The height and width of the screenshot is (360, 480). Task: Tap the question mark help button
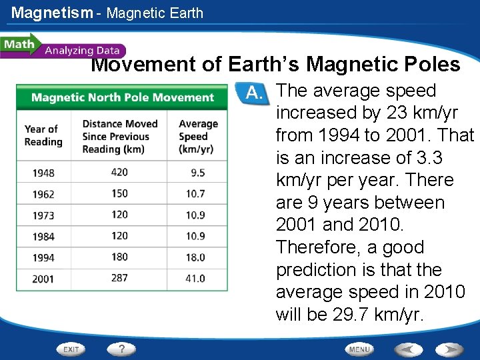click(x=122, y=349)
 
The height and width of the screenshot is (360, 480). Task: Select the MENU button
click(x=359, y=349)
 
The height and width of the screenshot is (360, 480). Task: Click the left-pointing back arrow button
click(x=408, y=349)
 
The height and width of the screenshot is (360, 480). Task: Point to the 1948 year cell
click(x=43, y=173)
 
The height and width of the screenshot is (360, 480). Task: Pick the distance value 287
click(x=119, y=278)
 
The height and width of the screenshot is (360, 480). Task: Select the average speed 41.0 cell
click(x=195, y=278)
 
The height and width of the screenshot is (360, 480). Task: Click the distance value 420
click(x=119, y=172)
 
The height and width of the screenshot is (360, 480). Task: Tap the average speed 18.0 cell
click(x=195, y=257)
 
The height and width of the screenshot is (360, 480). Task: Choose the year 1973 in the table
click(x=43, y=215)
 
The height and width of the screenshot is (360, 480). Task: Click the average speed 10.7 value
click(x=195, y=193)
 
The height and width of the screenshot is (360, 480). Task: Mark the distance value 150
click(x=119, y=193)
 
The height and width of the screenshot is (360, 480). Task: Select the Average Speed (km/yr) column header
click(x=198, y=136)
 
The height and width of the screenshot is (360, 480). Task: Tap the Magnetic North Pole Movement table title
click(x=123, y=97)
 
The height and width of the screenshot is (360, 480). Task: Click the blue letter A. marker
click(x=253, y=93)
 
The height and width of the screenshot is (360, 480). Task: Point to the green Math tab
click(x=19, y=45)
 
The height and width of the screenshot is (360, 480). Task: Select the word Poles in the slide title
click(x=433, y=65)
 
